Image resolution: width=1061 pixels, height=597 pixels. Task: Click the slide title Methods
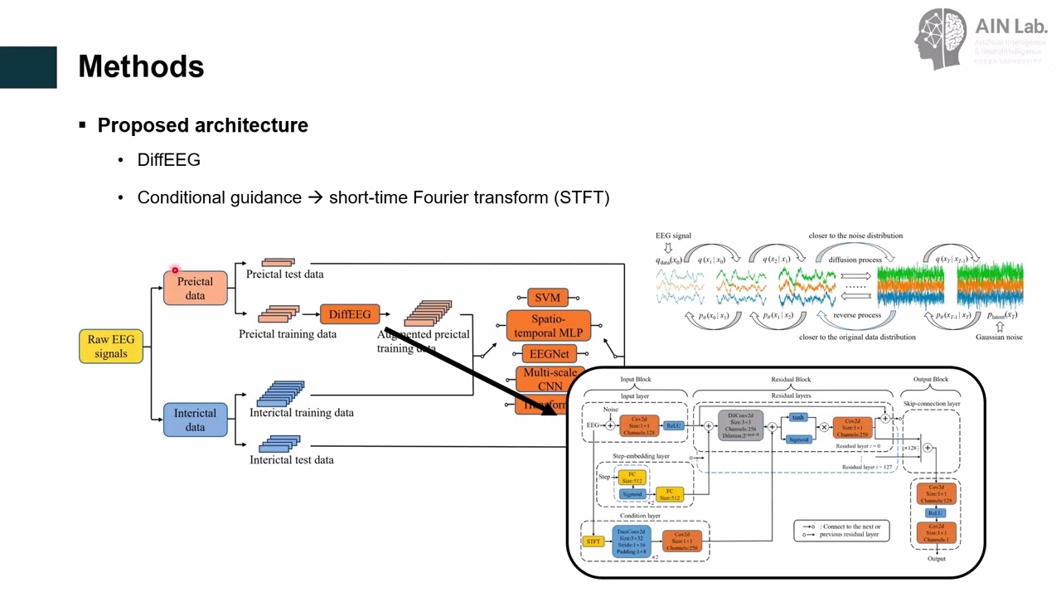[141, 66]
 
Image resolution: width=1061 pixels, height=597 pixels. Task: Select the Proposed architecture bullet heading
[202, 125]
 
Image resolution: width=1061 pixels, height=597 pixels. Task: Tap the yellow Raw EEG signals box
[111, 347]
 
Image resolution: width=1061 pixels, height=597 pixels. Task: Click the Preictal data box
[195, 289]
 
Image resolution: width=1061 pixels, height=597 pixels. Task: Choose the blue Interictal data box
[195, 420]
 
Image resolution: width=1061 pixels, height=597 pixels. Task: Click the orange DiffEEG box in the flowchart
[350, 314]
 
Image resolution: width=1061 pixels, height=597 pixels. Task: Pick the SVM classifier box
[547, 298]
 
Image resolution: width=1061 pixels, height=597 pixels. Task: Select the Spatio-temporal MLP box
[548, 326]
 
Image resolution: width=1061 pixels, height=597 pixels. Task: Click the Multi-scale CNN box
[549, 379]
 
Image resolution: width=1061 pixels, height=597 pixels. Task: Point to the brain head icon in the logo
[941, 38]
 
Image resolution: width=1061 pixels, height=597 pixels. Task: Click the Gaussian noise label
[999, 337]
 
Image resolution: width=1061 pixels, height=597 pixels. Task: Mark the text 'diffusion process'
[855, 260]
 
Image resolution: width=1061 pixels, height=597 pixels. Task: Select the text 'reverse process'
[857, 315]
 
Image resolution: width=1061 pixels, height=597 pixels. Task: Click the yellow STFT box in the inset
[593, 541]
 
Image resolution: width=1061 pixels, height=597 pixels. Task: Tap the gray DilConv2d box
[741, 425]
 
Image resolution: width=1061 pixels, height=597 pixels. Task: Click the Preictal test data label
[284, 274]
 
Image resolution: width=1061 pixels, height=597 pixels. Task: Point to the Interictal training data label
[302, 412]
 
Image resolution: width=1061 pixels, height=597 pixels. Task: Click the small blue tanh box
[798, 417]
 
